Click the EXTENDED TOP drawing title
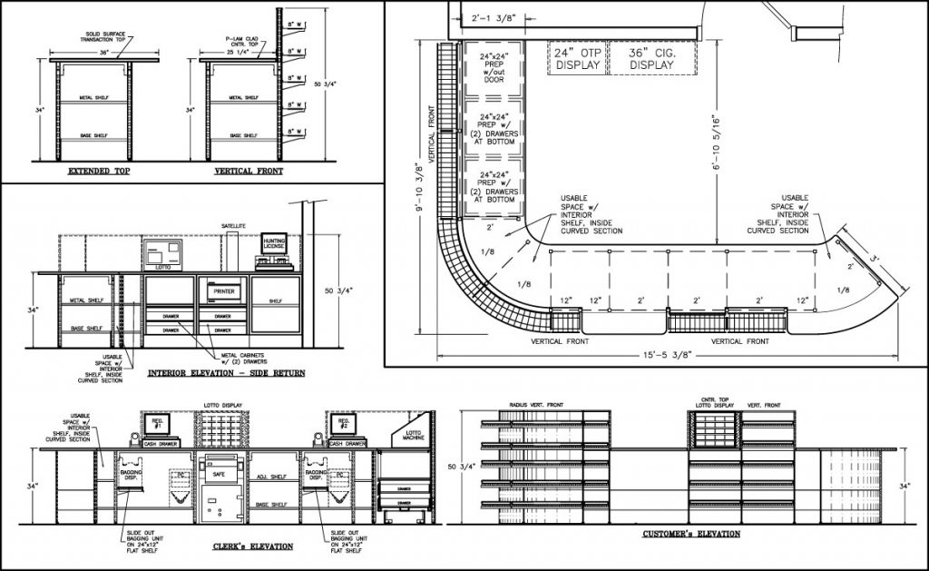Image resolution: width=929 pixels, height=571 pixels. point(97,171)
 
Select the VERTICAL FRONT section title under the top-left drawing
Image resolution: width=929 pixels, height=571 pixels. point(248,171)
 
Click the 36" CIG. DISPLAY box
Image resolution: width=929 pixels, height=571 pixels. point(651,59)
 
